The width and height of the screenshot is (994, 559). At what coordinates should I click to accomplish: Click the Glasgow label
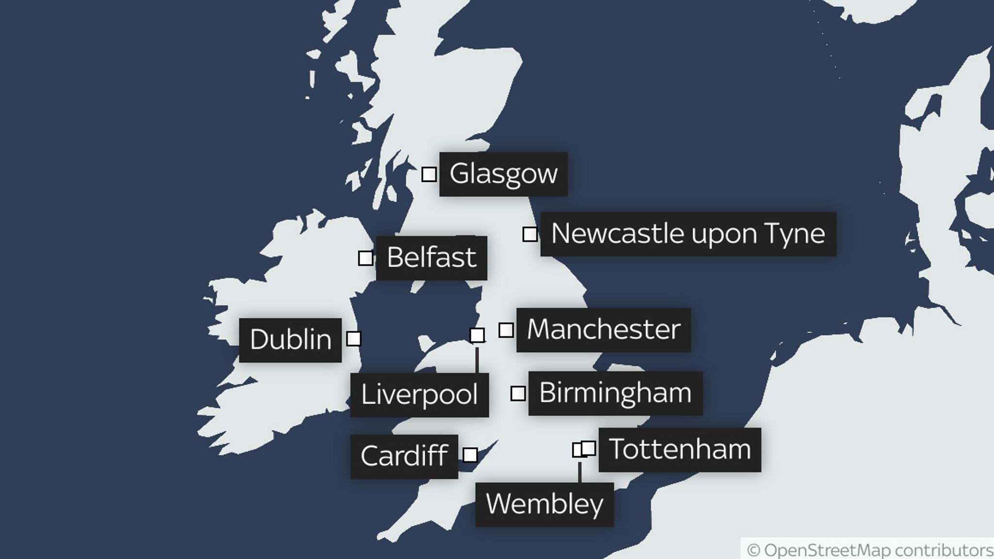(x=503, y=174)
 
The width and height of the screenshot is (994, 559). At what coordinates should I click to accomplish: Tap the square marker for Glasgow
(x=429, y=174)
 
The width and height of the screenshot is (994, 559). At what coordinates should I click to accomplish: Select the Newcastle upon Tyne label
(x=688, y=234)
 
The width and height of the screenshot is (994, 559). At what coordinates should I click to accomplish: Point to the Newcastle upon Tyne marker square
(x=530, y=234)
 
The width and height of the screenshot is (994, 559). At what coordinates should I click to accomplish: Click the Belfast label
(x=431, y=258)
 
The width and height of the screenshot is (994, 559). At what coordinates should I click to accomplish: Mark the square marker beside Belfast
(x=365, y=258)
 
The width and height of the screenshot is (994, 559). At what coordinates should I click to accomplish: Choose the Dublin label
(x=290, y=340)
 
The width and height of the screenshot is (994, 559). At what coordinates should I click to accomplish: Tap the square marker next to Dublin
(x=354, y=338)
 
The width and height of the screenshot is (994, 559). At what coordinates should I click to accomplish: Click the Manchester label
(x=603, y=330)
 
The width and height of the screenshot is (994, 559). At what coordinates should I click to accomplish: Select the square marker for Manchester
(x=506, y=330)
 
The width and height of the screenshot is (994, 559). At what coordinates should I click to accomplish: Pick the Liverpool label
(x=419, y=395)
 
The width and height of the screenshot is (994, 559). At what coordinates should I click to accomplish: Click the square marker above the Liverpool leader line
(x=477, y=335)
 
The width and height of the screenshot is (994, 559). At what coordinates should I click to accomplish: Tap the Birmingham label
(x=615, y=393)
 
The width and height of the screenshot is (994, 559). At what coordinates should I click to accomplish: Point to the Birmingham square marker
(x=518, y=394)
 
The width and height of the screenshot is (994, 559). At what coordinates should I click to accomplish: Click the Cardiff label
(x=404, y=457)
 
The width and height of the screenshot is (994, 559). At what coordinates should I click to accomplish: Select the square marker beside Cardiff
(x=470, y=455)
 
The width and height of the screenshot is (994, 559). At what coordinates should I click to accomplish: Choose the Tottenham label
(x=679, y=450)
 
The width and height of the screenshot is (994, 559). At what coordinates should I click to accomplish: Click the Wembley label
(x=544, y=505)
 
